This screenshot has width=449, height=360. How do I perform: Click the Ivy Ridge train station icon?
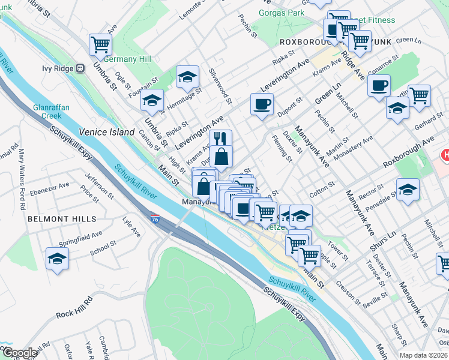coord(79,68)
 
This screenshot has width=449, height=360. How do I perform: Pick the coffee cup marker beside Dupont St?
coord(262,104)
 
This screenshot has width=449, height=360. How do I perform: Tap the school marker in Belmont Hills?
coord(57,259)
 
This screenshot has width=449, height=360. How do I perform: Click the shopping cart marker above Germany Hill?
coord(100,44)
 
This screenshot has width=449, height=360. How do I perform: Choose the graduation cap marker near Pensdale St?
coord(408,190)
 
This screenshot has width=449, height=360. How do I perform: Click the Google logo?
coord(19,353)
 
